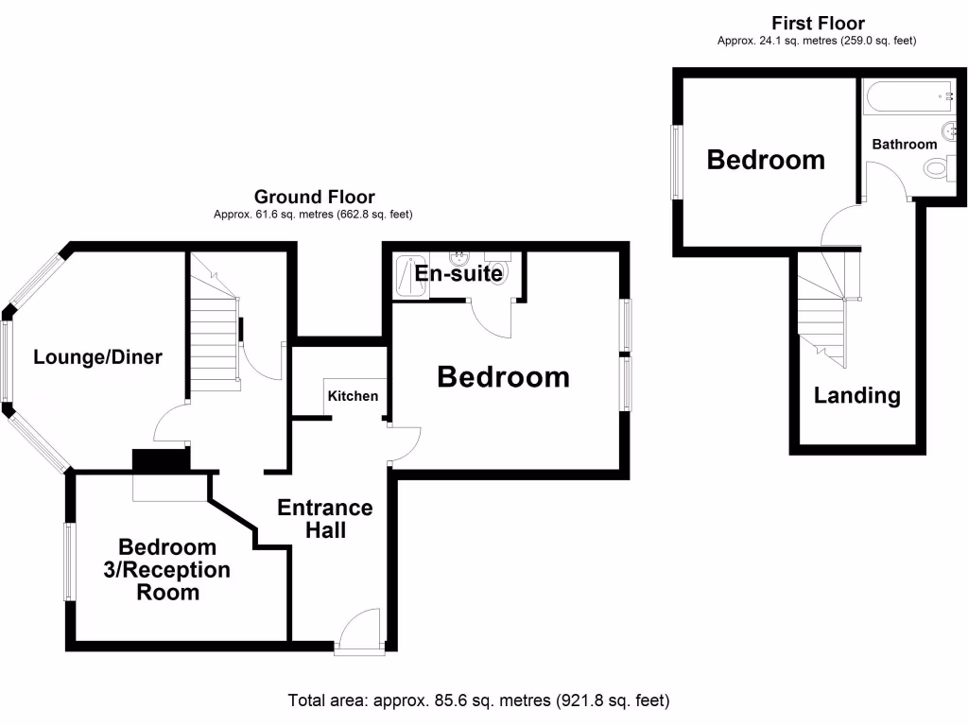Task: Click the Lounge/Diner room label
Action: click(97, 357)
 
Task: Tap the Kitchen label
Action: click(353, 396)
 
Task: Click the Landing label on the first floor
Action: click(856, 395)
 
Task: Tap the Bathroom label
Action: click(904, 145)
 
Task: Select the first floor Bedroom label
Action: click(766, 160)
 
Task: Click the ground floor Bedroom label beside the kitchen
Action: click(503, 377)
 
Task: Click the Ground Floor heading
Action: click(314, 198)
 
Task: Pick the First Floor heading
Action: click(818, 23)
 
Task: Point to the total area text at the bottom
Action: click(478, 700)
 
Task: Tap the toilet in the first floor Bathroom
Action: click(937, 169)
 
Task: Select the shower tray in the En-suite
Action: click(410, 276)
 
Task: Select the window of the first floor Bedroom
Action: click(677, 162)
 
